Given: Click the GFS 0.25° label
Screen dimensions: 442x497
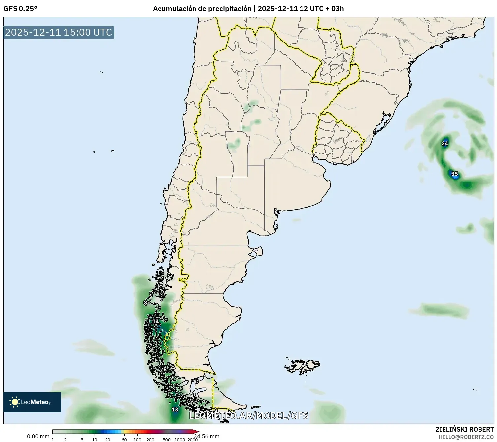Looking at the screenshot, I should (x=20, y=9).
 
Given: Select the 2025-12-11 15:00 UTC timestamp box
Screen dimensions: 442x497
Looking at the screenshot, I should (x=58, y=32).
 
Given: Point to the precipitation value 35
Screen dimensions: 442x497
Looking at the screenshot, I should (x=454, y=174).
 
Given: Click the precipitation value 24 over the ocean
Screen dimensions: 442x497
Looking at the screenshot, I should (x=445, y=143).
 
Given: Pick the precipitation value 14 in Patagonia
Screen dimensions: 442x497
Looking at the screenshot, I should (x=155, y=321).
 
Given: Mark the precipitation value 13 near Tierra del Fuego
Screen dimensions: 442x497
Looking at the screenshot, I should (x=175, y=410).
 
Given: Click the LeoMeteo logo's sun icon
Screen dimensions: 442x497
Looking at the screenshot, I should (x=15, y=402).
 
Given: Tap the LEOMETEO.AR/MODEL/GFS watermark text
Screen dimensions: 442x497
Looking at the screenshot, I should (x=248, y=415).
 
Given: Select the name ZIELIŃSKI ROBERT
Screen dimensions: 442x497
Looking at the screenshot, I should (x=465, y=429).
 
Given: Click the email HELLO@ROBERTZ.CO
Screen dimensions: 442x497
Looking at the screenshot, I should (x=466, y=437).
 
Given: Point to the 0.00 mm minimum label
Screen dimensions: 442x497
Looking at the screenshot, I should (x=38, y=437).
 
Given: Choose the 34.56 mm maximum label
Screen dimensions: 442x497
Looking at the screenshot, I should (x=207, y=436).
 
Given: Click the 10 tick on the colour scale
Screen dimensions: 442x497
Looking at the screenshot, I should (x=95, y=440).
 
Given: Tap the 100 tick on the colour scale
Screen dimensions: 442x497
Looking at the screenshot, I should (x=137, y=440).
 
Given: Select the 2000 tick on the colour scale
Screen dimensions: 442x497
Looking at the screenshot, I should (x=193, y=440).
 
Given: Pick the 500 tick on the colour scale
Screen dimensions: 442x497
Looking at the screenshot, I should (x=167, y=440).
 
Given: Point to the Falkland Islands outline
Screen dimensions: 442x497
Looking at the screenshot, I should (x=302, y=366).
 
